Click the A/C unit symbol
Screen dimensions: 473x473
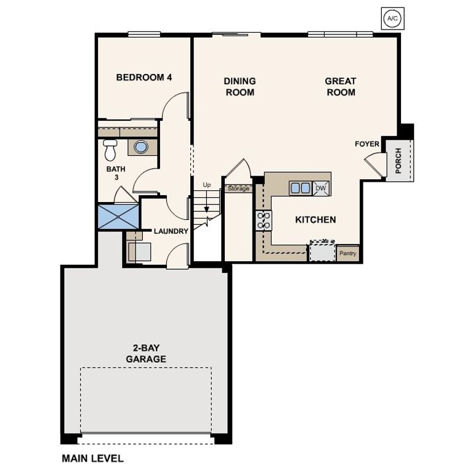pos(392,19)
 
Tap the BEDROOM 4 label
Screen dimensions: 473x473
pos(144,78)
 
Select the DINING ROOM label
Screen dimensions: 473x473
pos(240,87)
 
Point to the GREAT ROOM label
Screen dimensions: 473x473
pos(341,87)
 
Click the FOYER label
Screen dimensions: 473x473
pos(367,144)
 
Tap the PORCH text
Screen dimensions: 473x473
pos(398,161)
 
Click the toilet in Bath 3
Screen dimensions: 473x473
pos(110,150)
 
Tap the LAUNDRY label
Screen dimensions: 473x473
pos(171,232)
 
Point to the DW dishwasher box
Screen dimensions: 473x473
pos(321,188)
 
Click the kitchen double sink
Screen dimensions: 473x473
pos(301,188)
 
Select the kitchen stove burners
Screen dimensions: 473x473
pos(263,220)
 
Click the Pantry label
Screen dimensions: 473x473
pos(347,253)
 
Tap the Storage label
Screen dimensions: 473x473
pos(238,188)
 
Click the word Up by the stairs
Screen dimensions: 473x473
pos(206,185)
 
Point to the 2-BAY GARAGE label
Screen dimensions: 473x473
pos(146,354)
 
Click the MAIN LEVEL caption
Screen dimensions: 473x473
pos(92,458)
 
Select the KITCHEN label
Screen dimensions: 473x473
pos(315,220)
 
